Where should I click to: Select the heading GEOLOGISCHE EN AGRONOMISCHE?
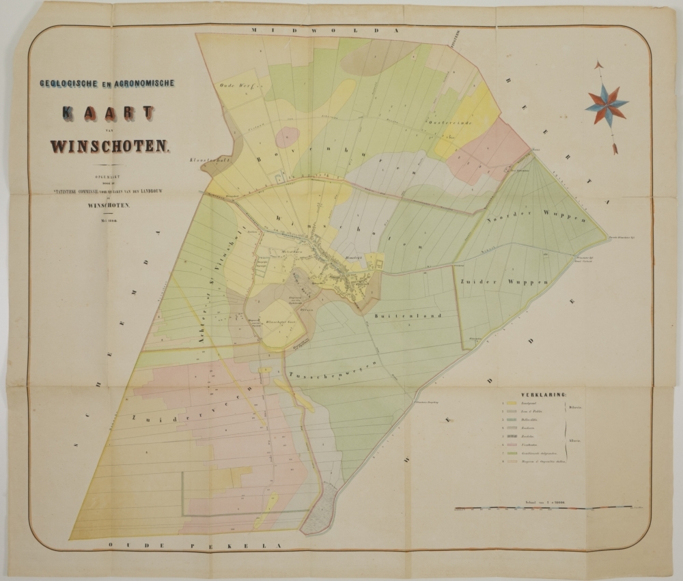[107, 83]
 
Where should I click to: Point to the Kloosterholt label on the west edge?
[208, 160]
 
